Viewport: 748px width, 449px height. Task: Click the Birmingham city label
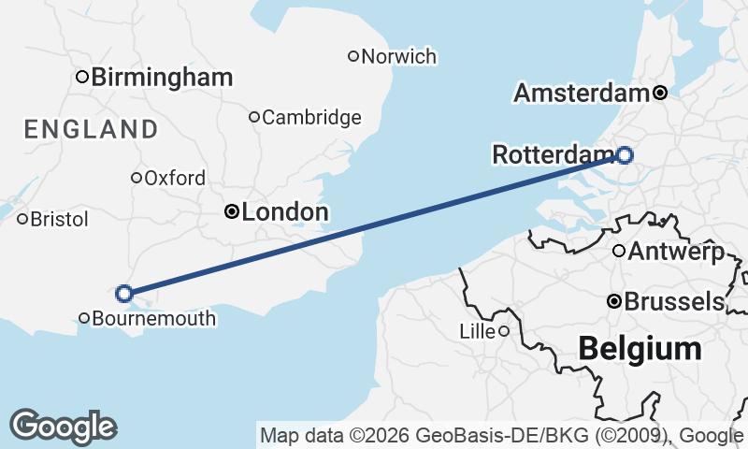pyautogui.click(x=162, y=77)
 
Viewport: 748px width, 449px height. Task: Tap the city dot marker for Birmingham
pyautogui.click(x=82, y=77)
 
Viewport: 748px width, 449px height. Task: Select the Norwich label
pyautogui.click(x=398, y=56)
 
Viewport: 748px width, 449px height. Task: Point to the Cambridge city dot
pyautogui.click(x=253, y=117)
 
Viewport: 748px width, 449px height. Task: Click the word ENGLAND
pyautogui.click(x=92, y=129)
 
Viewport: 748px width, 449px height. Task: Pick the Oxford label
pyautogui.click(x=175, y=178)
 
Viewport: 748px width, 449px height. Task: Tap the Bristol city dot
pyautogui.click(x=22, y=219)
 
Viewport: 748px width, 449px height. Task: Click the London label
pyautogui.click(x=284, y=212)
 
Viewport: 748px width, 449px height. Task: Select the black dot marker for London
pyautogui.click(x=232, y=212)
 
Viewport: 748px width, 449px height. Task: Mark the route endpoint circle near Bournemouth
pyautogui.click(x=124, y=294)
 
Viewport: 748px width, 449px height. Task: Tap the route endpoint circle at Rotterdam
pyautogui.click(x=624, y=155)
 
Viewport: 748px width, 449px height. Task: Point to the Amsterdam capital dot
pyautogui.click(x=660, y=93)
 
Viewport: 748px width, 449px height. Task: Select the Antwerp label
pyautogui.click(x=675, y=251)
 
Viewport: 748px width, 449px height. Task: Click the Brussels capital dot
pyautogui.click(x=614, y=301)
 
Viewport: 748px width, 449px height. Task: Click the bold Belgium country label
pyautogui.click(x=640, y=349)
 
